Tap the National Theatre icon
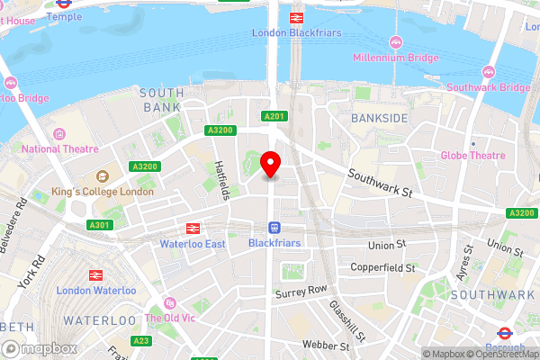(x=59, y=133)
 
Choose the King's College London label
(x=102, y=192)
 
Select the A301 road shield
(x=101, y=225)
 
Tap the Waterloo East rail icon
(x=191, y=229)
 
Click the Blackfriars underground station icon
(x=274, y=228)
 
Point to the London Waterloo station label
(x=96, y=290)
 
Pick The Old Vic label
(x=166, y=318)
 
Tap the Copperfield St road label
(x=382, y=268)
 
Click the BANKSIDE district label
(x=380, y=119)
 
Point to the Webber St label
(x=326, y=345)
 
